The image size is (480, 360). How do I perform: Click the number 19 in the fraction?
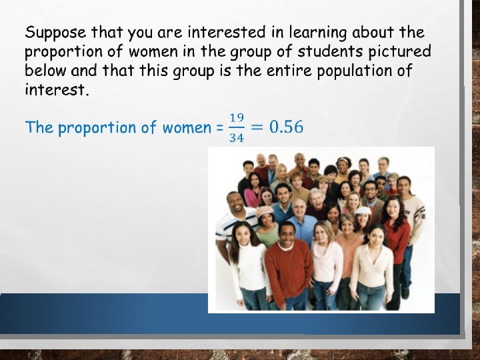(x=236, y=117)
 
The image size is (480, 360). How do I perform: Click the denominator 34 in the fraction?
(x=236, y=138)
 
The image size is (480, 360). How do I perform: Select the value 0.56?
(x=286, y=127)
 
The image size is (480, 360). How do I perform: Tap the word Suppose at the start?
(x=55, y=32)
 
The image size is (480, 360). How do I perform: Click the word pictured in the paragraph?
(x=399, y=51)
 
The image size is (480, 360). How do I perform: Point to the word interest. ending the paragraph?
(x=57, y=89)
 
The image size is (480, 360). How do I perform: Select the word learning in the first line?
(x=316, y=32)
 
